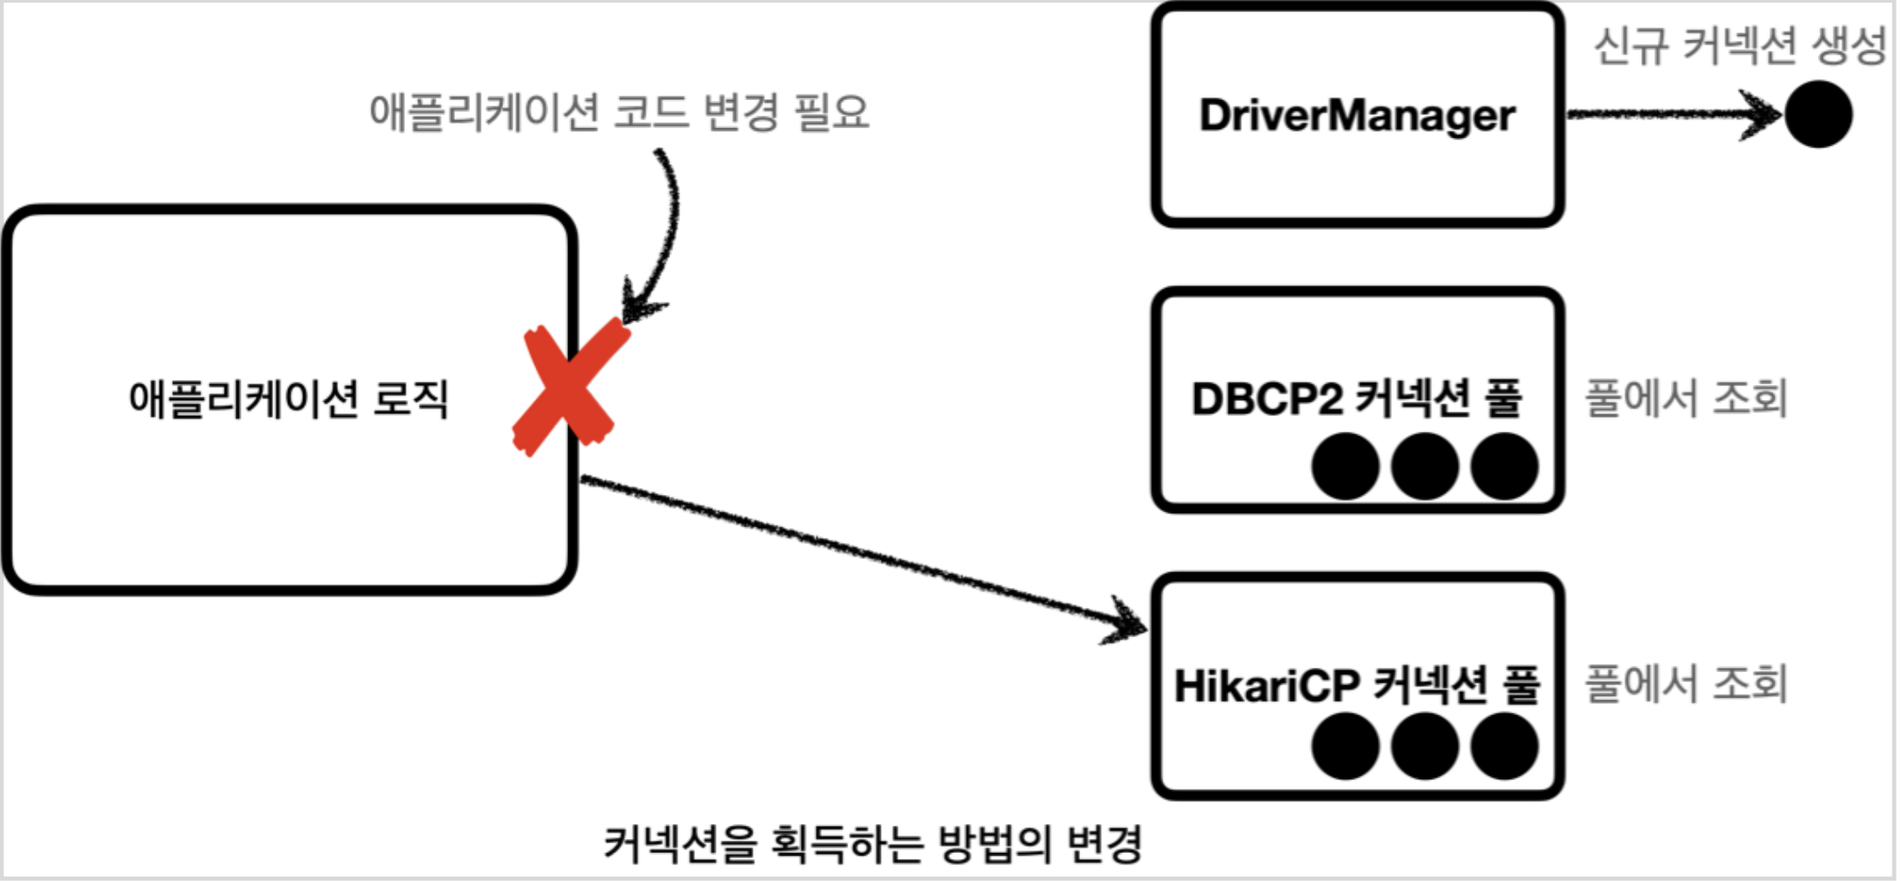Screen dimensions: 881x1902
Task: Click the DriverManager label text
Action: point(1358,115)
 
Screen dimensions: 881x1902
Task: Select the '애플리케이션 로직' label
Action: point(288,399)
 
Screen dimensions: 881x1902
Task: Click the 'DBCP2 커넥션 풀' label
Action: point(1357,398)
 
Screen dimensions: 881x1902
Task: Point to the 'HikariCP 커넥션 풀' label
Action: point(1357,685)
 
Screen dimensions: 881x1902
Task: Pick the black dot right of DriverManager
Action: point(1819,114)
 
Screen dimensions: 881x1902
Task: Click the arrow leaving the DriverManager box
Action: point(1668,114)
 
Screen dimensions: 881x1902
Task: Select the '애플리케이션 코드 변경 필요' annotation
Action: point(619,112)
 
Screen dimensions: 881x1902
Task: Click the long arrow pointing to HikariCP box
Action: point(861,553)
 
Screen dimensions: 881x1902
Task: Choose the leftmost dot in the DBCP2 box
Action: point(1345,466)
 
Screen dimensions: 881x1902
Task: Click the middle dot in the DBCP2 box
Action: point(1424,466)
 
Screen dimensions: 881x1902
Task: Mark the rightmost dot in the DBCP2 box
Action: point(1504,466)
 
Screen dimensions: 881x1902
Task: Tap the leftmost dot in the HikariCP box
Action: point(1345,746)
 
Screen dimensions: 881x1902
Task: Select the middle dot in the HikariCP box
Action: point(1424,746)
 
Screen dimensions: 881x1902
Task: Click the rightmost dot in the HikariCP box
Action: point(1504,746)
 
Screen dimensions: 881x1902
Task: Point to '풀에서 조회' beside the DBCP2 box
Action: point(1686,398)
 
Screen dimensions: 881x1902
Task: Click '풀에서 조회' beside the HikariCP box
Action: point(1686,684)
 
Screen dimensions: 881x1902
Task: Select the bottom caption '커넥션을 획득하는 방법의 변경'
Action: point(873,844)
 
